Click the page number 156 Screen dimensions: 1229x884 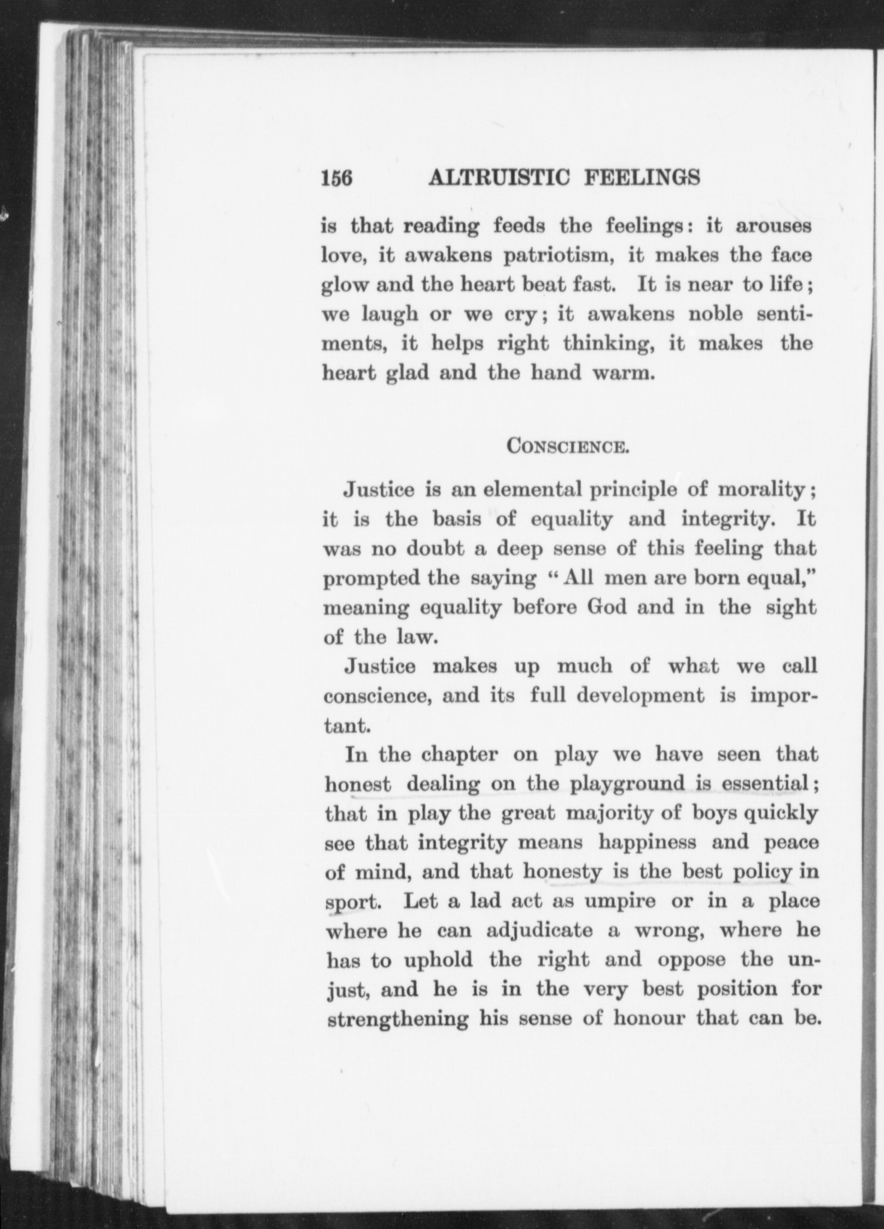point(336,179)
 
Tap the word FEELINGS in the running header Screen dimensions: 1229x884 point(642,178)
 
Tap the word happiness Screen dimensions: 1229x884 point(647,844)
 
